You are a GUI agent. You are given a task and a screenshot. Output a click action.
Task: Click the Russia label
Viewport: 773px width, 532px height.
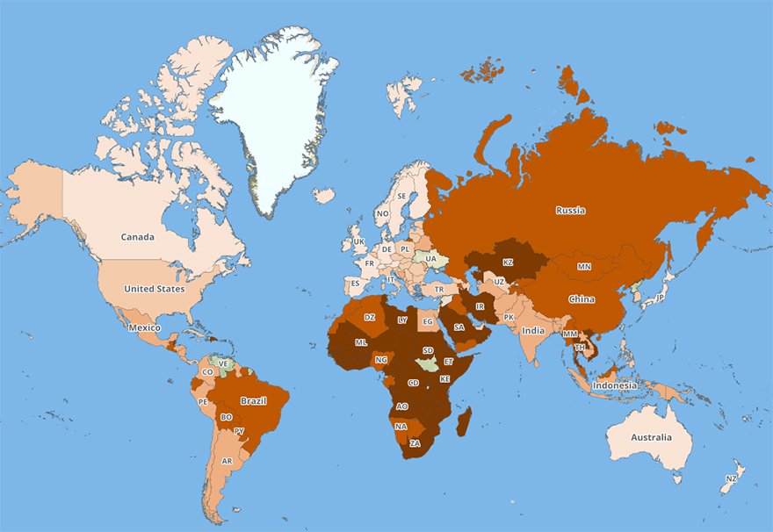pyautogui.click(x=570, y=210)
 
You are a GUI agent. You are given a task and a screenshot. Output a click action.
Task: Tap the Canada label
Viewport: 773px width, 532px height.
pyautogui.click(x=138, y=237)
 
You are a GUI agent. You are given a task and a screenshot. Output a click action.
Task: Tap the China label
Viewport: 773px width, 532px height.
pyautogui.click(x=582, y=299)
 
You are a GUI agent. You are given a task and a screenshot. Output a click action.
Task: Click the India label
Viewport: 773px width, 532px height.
pyautogui.click(x=532, y=331)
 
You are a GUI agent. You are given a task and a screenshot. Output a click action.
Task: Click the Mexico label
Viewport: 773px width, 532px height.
pyautogui.click(x=144, y=327)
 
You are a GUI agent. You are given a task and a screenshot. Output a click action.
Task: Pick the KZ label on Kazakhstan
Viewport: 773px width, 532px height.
pyautogui.click(x=508, y=262)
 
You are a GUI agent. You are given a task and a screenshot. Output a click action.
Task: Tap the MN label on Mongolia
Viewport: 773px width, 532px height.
pyautogui.click(x=583, y=266)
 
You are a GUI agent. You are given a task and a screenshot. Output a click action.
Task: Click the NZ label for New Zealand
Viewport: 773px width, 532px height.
pyautogui.click(x=731, y=478)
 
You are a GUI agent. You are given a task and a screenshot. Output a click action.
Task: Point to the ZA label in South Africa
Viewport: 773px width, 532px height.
pyautogui.click(x=415, y=443)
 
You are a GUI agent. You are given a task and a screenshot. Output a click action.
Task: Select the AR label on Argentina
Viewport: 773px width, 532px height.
pyautogui.click(x=227, y=461)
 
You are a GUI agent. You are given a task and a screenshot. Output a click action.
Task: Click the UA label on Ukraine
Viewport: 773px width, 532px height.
pyautogui.click(x=430, y=259)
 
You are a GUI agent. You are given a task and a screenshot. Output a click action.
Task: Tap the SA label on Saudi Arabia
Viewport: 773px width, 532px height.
pyautogui.click(x=459, y=327)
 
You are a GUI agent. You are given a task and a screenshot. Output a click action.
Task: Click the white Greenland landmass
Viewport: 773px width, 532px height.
pyautogui.click(x=272, y=114)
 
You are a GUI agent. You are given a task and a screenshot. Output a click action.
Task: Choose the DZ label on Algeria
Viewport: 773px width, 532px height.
pyautogui.click(x=370, y=317)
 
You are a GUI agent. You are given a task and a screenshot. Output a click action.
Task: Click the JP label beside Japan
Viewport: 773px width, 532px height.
pyautogui.click(x=660, y=298)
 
